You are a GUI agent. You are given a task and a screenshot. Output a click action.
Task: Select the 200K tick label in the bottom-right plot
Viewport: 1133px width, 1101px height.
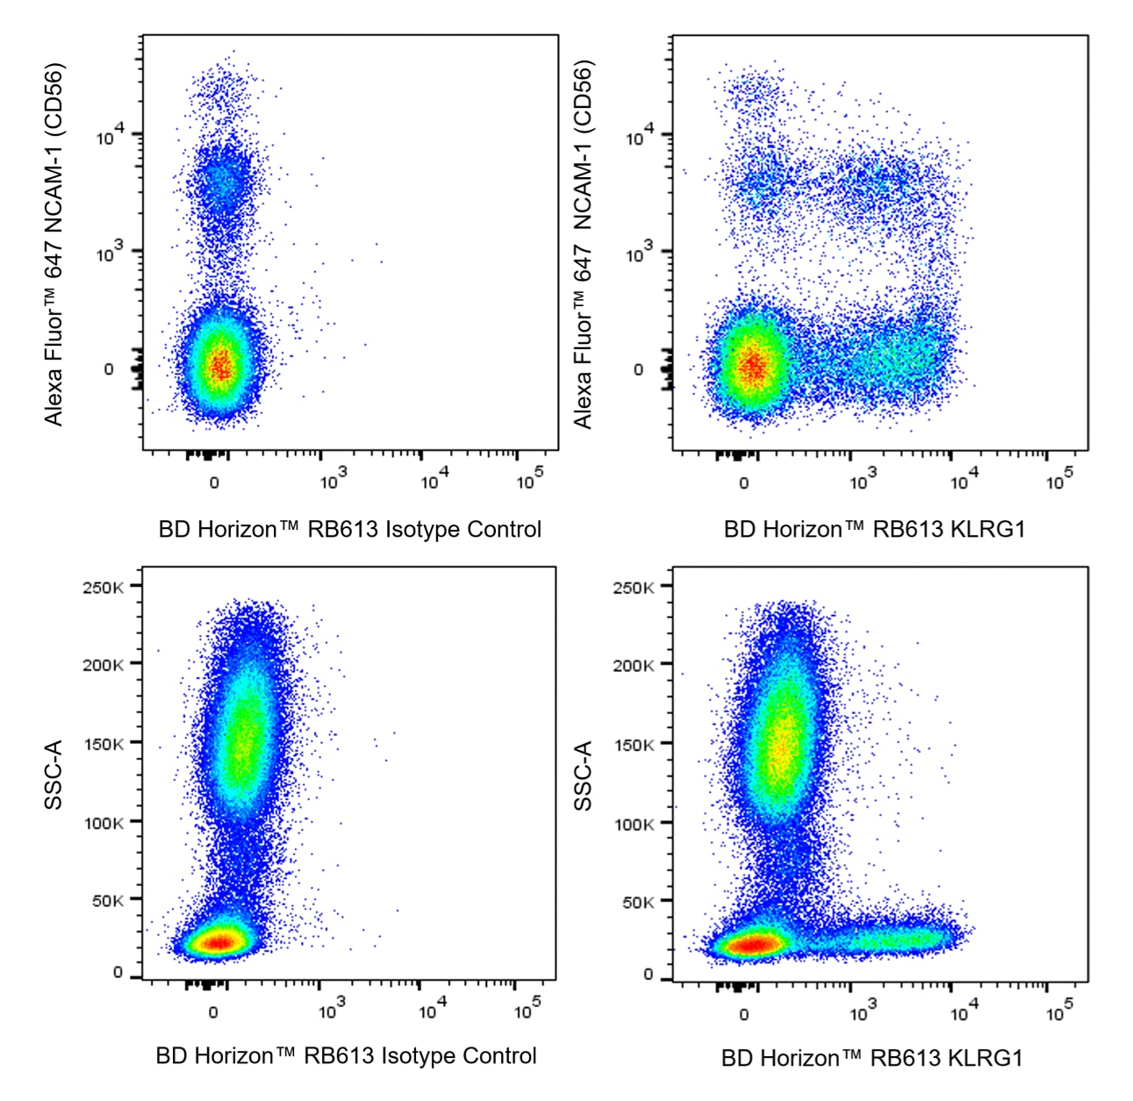(x=633, y=665)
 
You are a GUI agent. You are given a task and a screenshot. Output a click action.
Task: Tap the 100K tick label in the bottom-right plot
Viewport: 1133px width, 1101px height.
(x=633, y=824)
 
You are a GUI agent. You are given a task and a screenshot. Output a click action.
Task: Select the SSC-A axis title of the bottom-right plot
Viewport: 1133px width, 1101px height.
(x=584, y=776)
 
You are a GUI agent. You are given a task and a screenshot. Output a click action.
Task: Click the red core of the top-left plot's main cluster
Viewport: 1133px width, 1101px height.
(x=221, y=365)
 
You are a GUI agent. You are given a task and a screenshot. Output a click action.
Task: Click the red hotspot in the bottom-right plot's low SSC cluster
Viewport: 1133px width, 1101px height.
(x=753, y=945)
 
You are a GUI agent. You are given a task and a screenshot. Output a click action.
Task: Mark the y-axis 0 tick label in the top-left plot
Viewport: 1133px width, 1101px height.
(x=109, y=369)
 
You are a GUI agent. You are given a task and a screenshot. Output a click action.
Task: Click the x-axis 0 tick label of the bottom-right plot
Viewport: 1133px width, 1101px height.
(x=744, y=1015)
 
